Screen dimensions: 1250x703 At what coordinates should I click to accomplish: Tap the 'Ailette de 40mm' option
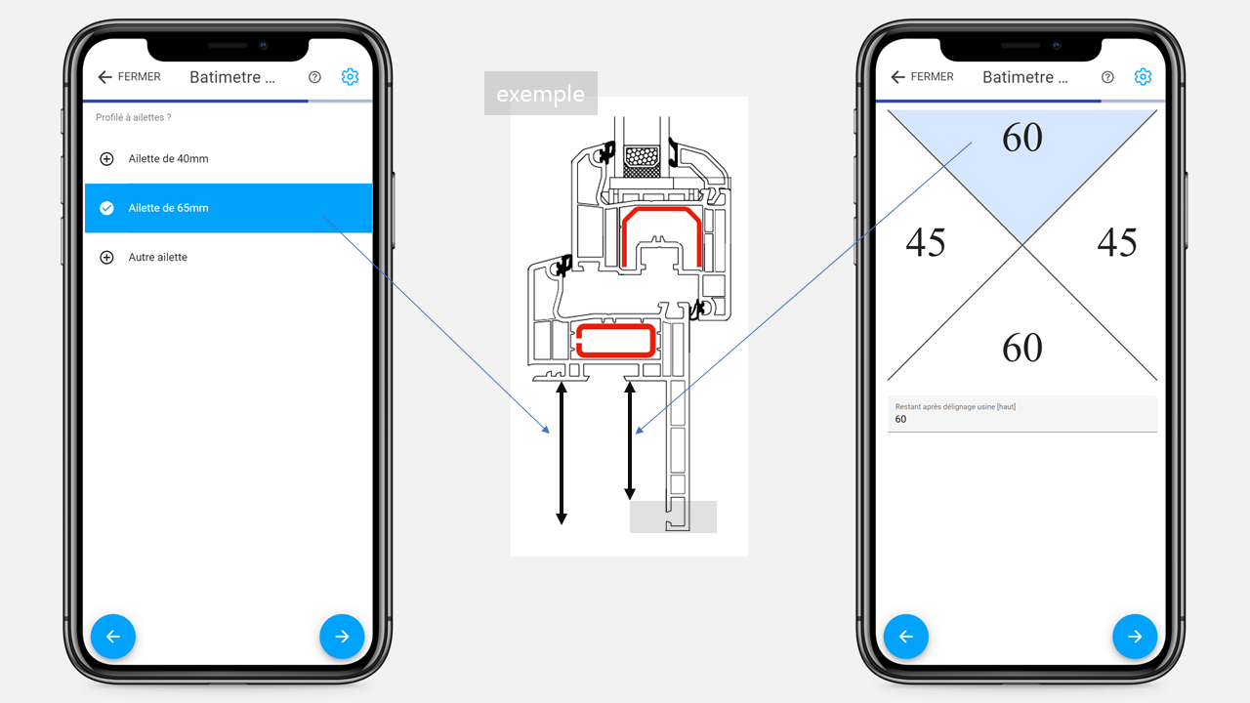coord(168,159)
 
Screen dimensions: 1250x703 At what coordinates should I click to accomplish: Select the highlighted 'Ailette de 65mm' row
coord(229,208)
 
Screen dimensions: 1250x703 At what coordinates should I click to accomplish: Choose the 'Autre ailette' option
coord(157,257)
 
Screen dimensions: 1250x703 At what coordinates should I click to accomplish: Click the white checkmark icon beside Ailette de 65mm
coord(106,208)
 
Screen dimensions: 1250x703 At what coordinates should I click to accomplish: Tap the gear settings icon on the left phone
coord(350,77)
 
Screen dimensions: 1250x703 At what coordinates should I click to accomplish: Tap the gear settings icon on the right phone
coord(1143,77)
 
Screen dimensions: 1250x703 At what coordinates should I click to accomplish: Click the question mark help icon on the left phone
coord(314,77)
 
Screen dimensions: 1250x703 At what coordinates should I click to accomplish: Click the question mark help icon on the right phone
coord(1107,77)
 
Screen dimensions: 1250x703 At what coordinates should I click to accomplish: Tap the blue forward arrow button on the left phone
coord(342,637)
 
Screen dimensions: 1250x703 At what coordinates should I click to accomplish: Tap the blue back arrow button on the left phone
coord(113,637)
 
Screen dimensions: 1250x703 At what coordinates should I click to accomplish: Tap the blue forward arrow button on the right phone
coord(1135,637)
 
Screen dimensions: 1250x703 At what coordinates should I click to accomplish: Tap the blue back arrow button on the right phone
coord(906,637)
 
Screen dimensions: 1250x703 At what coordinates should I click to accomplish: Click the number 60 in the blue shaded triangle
coord(1022,138)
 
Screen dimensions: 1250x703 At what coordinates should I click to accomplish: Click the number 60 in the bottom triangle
coord(1022,348)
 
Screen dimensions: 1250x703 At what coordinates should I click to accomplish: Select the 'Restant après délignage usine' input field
coord(1022,414)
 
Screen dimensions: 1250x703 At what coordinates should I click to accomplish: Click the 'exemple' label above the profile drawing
coord(541,94)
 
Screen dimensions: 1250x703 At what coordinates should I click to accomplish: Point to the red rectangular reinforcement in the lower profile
coord(615,341)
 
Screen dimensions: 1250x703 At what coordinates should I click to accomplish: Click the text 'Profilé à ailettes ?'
coord(134,118)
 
